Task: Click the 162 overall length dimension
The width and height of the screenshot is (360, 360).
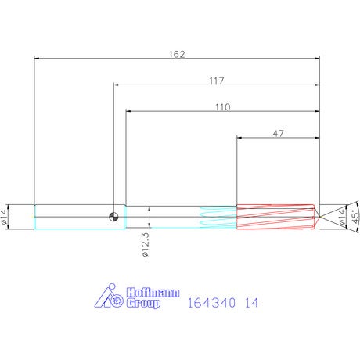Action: (x=177, y=54)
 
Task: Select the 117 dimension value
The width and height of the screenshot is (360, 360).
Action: (x=217, y=81)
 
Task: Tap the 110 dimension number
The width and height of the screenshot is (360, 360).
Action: (x=223, y=107)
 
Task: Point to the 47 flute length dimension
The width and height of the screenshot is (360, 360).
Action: (x=278, y=134)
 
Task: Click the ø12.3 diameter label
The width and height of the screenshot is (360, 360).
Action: (x=146, y=245)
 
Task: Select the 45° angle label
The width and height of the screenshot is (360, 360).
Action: (x=355, y=217)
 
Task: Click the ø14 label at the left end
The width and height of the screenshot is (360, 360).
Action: (x=4, y=217)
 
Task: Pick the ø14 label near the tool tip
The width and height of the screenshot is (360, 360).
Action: (x=341, y=217)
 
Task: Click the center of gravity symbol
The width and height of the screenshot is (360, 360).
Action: (x=113, y=217)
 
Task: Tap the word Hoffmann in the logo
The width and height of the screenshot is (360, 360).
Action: (x=153, y=293)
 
